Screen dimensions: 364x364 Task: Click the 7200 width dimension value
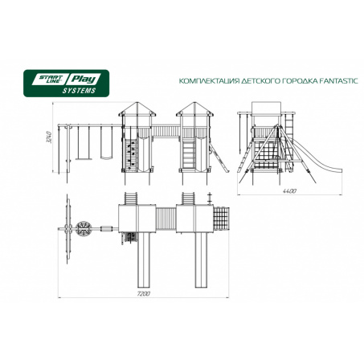143,293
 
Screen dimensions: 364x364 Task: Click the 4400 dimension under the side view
289,191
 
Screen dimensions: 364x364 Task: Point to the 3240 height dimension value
49,137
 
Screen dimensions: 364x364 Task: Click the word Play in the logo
84,80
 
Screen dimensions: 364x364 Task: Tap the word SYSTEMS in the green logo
79,91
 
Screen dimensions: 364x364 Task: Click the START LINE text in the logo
50,79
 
